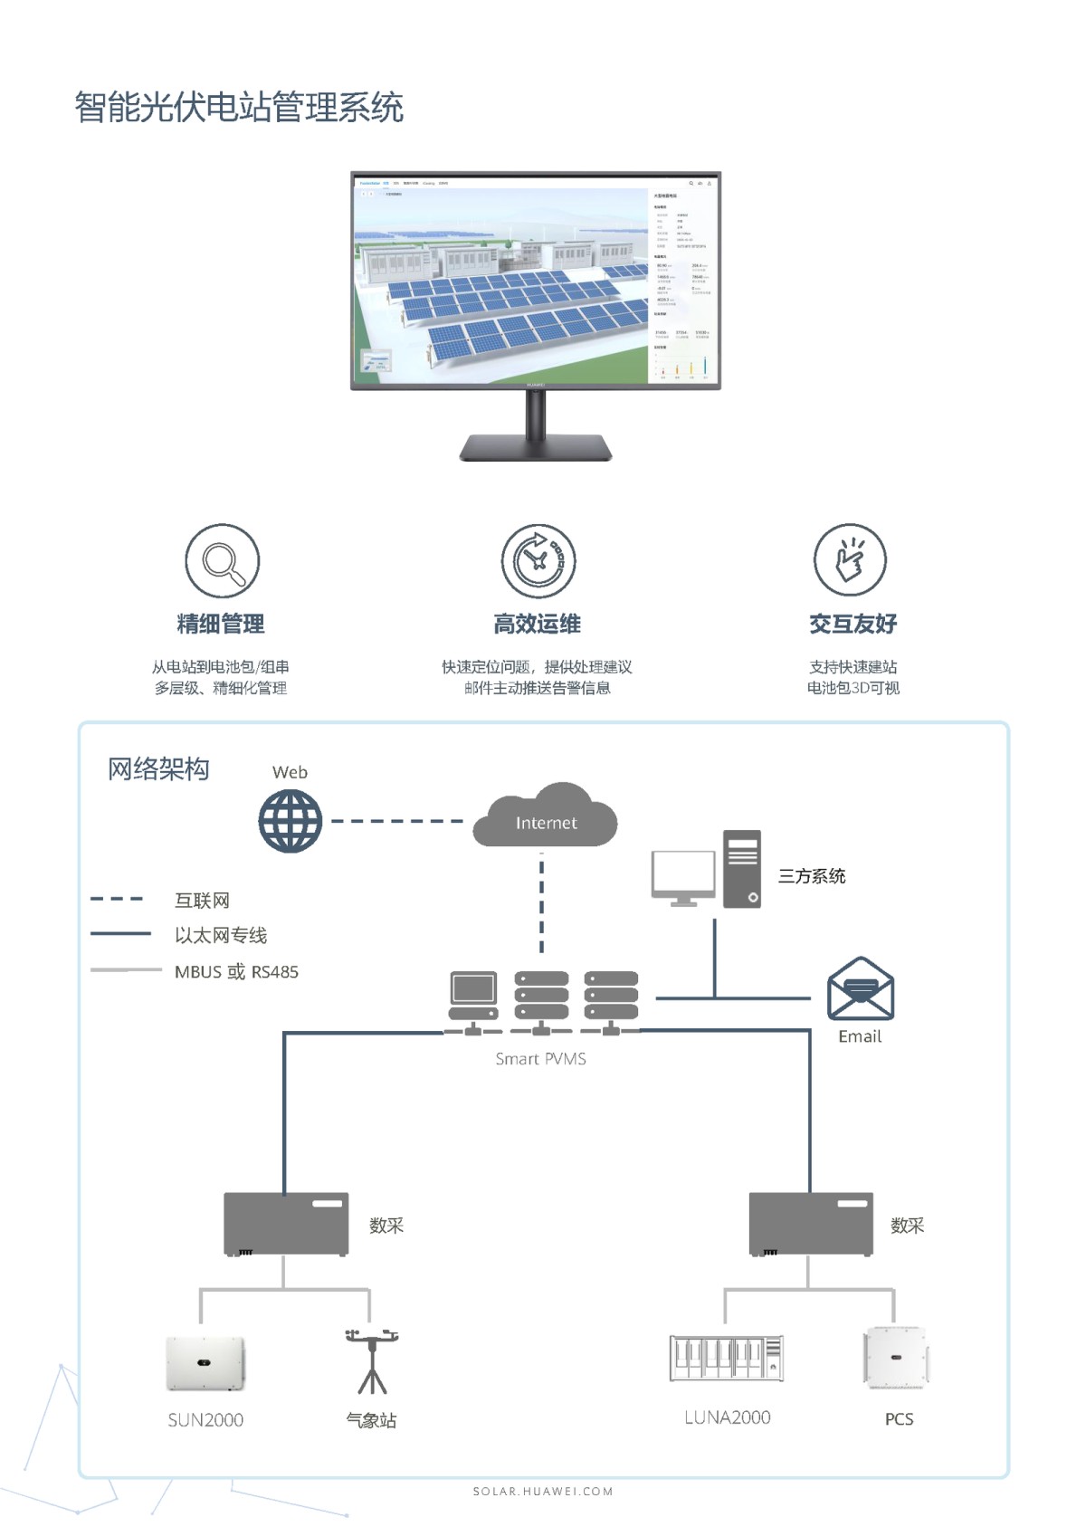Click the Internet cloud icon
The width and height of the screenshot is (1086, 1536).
[545, 817]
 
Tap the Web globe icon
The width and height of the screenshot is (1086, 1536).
[290, 821]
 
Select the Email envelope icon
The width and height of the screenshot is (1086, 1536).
[860, 988]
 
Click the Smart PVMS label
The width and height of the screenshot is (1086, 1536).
[540, 1058]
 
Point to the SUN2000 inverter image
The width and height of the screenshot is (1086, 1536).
[205, 1363]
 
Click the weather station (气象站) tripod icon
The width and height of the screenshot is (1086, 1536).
[371, 1362]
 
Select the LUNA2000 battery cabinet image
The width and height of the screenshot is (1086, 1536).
[726, 1358]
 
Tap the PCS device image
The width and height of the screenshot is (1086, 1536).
[896, 1358]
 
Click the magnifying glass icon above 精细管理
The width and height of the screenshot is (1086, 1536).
[223, 561]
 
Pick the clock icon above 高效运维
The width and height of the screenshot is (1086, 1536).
[538, 560]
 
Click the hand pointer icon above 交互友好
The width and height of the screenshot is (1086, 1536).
[850, 559]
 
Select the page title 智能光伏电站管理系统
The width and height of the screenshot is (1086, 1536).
[239, 108]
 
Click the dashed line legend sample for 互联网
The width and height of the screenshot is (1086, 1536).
[117, 899]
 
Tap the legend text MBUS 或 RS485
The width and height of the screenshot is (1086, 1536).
[236, 971]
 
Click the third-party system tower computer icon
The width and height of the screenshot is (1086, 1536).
[742, 869]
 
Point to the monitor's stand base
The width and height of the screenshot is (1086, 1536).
[536, 448]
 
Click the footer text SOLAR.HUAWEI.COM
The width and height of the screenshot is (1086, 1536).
[543, 1491]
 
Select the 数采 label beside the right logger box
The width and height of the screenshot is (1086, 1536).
[907, 1226]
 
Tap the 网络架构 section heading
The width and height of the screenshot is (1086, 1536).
[158, 769]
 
